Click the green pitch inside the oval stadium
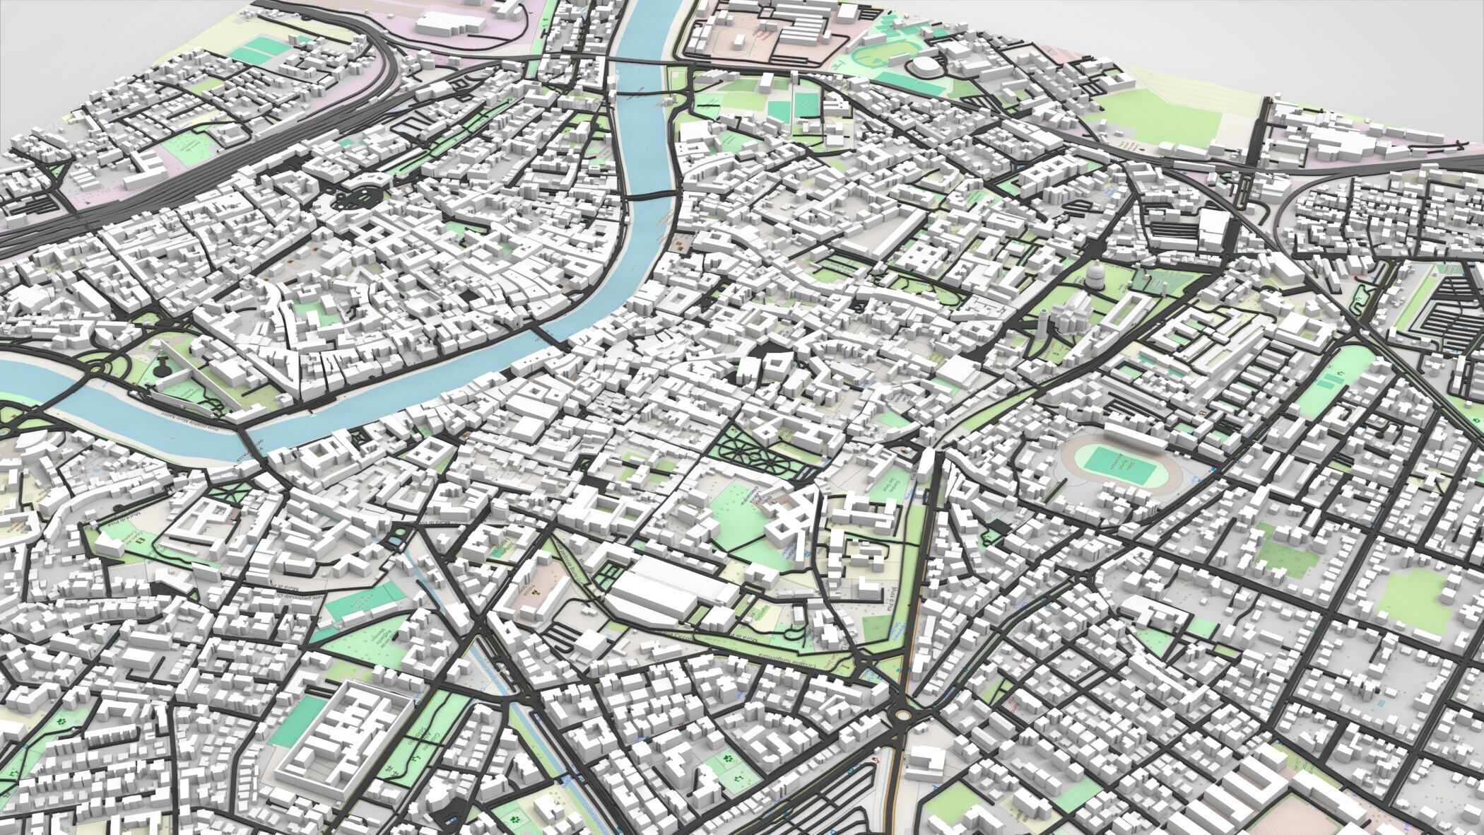point(1107,462)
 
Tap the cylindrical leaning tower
point(1044,324)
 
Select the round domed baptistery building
point(1095,279)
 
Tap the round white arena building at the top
point(924,66)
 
